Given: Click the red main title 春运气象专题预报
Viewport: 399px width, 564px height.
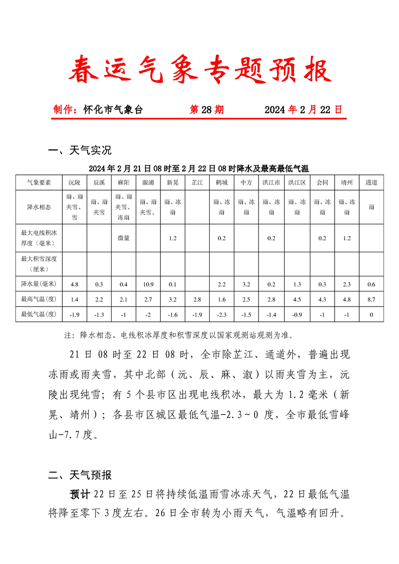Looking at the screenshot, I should (x=200, y=70).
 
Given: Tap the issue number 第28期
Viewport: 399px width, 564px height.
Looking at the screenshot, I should (x=207, y=110).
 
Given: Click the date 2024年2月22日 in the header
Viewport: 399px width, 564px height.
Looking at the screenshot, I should (x=303, y=110).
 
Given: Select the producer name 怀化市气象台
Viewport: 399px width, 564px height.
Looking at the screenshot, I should (x=113, y=110).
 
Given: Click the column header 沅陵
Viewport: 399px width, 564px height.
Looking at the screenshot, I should (x=74, y=182).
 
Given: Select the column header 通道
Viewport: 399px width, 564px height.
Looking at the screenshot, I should (x=371, y=182).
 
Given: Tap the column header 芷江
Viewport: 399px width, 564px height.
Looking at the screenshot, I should (x=197, y=182).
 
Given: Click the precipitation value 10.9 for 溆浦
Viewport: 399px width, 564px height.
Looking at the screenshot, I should (x=148, y=285).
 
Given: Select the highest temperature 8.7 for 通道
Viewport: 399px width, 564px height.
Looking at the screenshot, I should (x=371, y=300).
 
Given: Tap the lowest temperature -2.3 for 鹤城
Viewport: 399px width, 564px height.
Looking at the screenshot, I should (x=222, y=315).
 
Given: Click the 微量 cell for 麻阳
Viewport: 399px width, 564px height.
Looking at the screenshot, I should (x=123, y=238).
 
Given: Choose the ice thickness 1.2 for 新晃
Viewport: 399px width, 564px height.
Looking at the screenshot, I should (x=173, y=238).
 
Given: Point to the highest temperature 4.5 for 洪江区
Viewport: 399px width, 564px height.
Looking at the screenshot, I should (x=297, y=300).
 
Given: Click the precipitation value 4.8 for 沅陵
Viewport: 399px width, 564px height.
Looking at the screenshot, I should (x=74, y=285).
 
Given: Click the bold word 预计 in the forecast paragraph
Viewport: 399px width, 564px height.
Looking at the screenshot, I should (x=79, y=494).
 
